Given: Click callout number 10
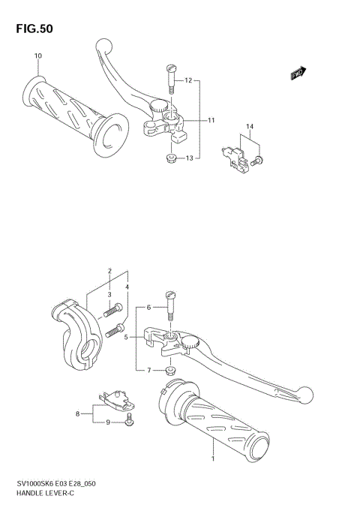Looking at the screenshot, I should [x=38, y=56].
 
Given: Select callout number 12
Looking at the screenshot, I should [x=189, y=80].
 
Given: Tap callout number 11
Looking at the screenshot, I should [x=211, y=120].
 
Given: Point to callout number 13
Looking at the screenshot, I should [x=190, y=158].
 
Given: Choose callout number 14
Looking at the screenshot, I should [x=250, y=127].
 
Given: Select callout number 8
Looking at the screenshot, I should [x=77, y=413].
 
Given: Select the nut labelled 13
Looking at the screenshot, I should [x=171, y=158].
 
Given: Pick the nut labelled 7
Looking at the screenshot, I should [x=170, y=370].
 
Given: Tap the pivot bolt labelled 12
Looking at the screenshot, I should [x=169, y=78].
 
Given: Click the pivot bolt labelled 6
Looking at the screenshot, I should [x=169, y=306].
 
